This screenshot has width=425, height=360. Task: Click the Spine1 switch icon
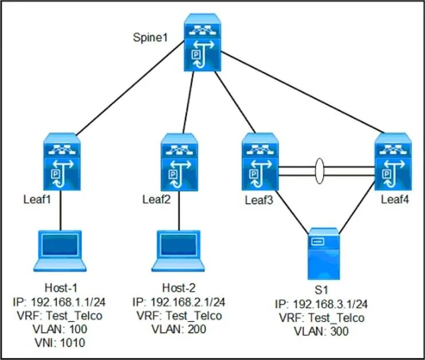tap(202, 42)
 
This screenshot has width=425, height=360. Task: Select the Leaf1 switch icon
tap(62, 162)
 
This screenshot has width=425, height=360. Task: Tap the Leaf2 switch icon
tap(179, 162)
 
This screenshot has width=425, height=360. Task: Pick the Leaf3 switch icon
tap(260, 162)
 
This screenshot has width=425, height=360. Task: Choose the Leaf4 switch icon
tap(393, 162)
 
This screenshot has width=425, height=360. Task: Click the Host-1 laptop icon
tap(60, 251)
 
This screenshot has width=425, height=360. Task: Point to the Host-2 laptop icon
tap(178, 251)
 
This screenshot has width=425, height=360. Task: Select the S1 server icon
tap(324, 253)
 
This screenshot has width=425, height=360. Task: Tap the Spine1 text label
tap(151, 37)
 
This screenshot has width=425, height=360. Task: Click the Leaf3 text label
tap(259, 200)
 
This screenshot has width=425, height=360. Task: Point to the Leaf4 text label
tap(395, 199)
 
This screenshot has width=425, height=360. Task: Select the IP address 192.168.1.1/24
tap(68, 302)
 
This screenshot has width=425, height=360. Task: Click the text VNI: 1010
tap(60, 343)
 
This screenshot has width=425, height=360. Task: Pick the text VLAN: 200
tap(179, 329)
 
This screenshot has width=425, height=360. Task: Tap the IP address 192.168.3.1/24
tap(330, 304)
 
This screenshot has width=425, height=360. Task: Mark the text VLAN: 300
tap(321, 331)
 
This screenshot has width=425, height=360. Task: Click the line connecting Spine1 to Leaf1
tap(131, 88)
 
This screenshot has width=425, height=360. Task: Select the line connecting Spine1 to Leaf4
tap(303, 92)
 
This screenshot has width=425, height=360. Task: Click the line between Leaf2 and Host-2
tap(179, 210)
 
